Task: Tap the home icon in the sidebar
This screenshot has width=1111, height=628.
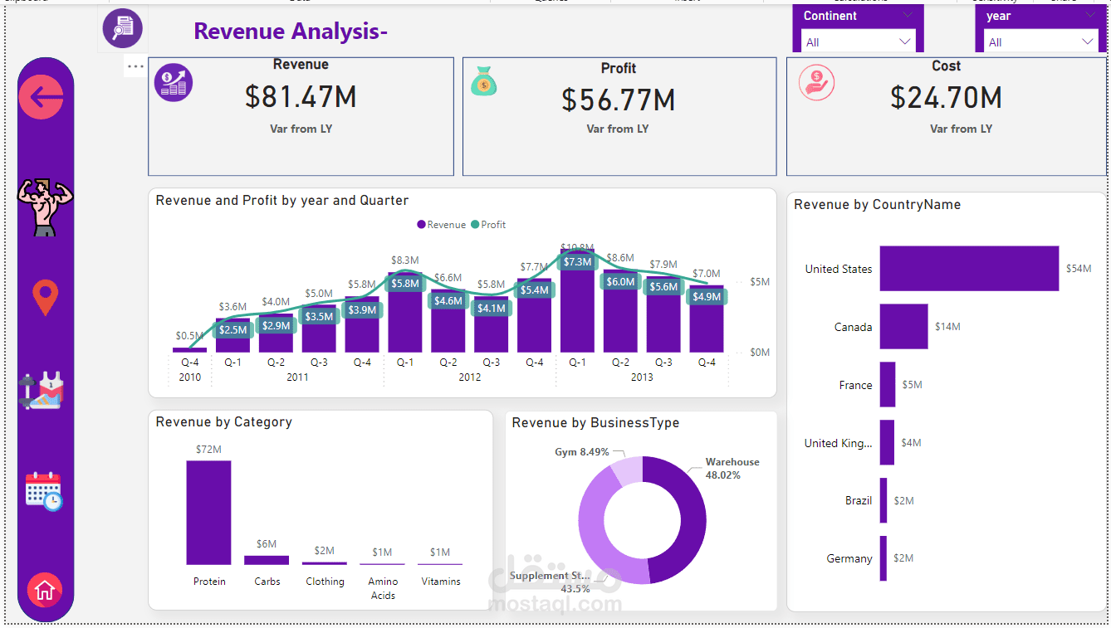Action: [45, 590]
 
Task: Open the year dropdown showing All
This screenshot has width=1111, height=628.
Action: [1040, 41]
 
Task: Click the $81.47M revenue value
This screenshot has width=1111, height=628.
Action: [301, 97]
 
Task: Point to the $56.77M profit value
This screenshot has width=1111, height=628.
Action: [618, 100]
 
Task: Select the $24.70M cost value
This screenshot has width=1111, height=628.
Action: [946, 98]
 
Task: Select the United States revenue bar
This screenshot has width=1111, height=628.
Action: [969, 268]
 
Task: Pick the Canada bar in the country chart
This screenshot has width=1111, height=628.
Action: [903, 326]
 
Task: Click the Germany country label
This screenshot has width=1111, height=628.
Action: [849, 558]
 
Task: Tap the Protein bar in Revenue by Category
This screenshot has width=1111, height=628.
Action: [208, 512]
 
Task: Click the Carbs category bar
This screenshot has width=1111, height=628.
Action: [267, 560]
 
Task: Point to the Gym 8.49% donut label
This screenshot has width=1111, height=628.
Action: [581, 452]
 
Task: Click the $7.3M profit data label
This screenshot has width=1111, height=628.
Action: [577, 262]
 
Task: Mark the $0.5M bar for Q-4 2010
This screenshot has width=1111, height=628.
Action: [189, 349]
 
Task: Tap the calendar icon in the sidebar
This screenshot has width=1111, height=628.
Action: [44, 490]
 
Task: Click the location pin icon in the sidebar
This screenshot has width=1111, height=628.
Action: [45, 297]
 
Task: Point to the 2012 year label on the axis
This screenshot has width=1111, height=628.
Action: [470, 377]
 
